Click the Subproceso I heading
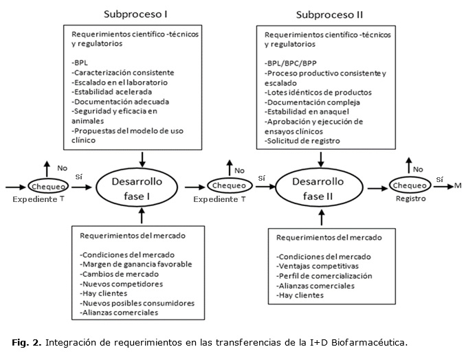tap(136, 14)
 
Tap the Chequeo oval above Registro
tap(410, 185)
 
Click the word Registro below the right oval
tap(410, 199)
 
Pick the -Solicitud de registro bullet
tap(300, 141)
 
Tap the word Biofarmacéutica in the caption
tap(372, 341)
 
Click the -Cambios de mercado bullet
tap(114, 273)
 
